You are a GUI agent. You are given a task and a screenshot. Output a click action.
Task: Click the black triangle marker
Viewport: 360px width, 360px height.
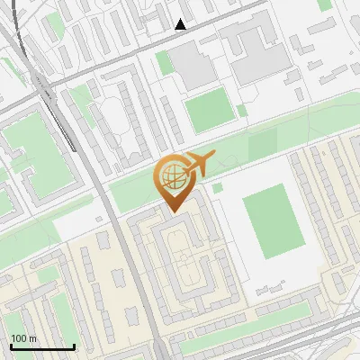(181, 24)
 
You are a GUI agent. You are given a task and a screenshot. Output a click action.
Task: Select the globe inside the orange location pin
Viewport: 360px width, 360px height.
(172, 176)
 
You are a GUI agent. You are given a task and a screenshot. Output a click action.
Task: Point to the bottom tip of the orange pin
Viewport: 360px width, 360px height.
(172, 211)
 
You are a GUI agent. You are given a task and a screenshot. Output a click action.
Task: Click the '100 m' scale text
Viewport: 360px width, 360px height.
(23, 338)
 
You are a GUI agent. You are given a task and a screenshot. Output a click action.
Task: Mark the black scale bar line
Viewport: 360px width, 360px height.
(42, 346)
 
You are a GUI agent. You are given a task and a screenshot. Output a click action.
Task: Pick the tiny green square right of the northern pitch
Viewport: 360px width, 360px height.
(242, 111)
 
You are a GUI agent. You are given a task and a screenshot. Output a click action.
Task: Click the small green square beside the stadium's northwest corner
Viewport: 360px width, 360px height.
(217, 187)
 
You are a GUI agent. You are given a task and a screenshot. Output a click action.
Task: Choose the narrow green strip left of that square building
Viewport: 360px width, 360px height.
(163, 63)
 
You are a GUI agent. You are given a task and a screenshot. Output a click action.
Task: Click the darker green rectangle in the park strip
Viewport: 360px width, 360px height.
(262, 144)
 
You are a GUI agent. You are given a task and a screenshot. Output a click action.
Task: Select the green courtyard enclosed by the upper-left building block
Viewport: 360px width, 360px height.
(27, 139)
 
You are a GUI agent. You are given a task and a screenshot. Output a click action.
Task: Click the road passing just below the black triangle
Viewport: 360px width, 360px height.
(180, 36)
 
